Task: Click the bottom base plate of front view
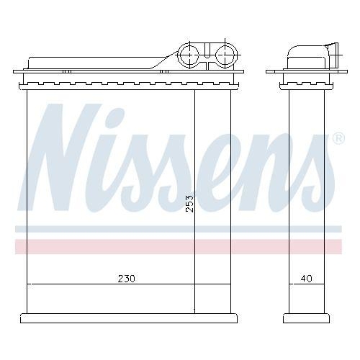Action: click(x=126, y=318)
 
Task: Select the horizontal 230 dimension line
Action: click(x=72, y=284)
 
